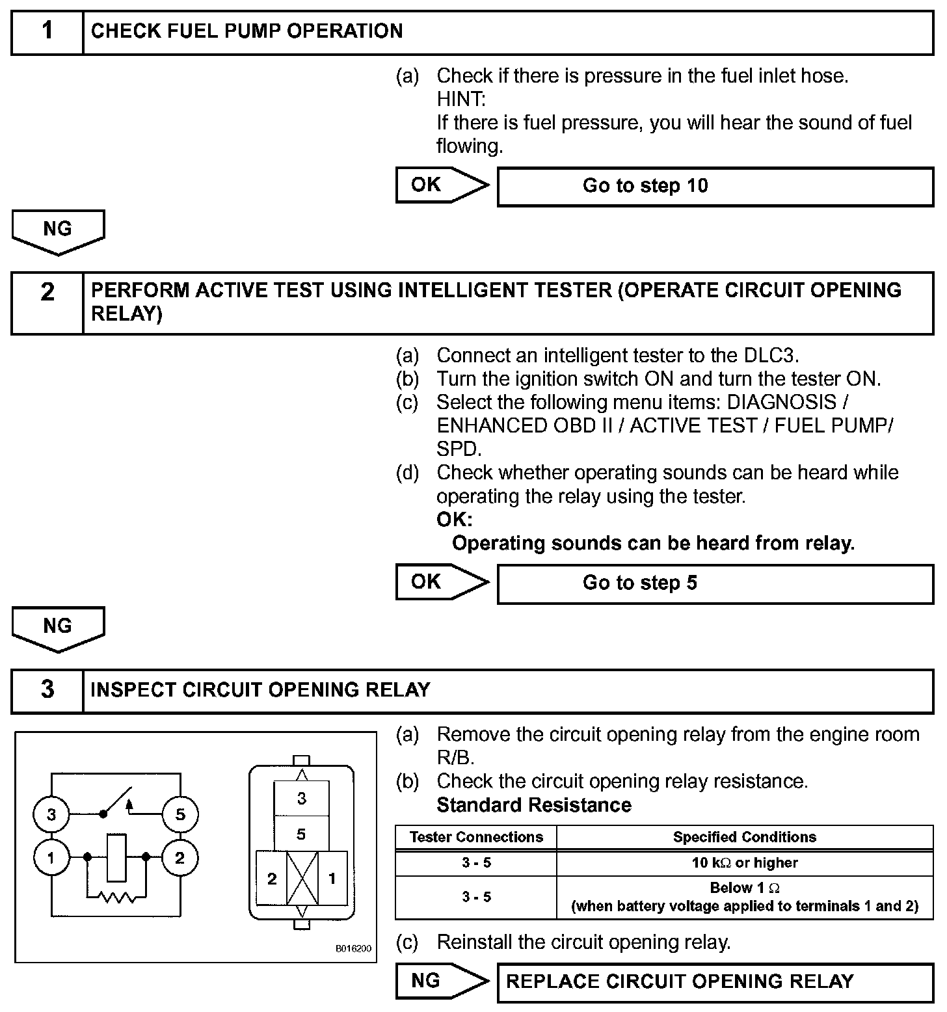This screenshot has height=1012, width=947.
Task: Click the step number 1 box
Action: [x=47, y=32]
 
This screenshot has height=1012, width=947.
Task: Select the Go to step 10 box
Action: [x=715, y=187]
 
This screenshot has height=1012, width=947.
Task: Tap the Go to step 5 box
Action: [x=715, y=583]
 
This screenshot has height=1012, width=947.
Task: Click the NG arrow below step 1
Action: [x=58, y=232]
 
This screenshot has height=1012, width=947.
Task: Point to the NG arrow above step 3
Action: [x=58, y=628]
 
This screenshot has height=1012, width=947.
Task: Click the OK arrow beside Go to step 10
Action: [x=441, y=185]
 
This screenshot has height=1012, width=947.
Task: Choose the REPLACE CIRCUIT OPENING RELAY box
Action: [x=715, y=981]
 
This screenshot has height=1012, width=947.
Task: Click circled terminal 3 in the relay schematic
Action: [x=51, y=814]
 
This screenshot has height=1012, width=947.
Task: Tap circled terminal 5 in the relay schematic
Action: [x=180, y=814]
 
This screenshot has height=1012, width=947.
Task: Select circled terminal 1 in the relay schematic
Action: [x=51, y=858]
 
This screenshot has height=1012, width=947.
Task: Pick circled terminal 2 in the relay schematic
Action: [x=180, y=858]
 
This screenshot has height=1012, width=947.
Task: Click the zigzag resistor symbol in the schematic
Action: [x=117, y=898]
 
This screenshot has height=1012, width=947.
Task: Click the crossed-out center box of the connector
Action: [x=302, y=878]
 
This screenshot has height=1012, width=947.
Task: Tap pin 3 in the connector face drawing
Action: [x=301, y=799]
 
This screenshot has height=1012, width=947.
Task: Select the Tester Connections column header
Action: [x=476, y=837]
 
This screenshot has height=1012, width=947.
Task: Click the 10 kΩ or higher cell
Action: [x=745, y=863]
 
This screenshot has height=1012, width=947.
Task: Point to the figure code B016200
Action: [x=353, y=949]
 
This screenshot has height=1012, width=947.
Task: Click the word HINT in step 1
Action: [x=461, y=100]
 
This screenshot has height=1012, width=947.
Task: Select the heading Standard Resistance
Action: [x=534, y=805]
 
